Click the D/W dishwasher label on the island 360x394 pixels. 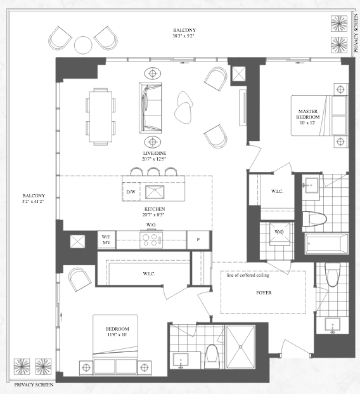point(131,192)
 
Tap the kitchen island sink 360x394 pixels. point(155,192)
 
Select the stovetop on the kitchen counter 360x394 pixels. point(151,240)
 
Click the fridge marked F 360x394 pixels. point(198,240)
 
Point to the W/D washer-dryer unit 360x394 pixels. point(279,234)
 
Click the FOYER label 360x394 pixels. point(264,292)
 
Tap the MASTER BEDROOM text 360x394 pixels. point(308,114)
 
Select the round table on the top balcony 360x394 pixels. point(84,45)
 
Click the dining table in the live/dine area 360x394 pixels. point(101,117)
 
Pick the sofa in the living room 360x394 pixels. point(150,108)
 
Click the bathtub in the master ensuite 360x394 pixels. point(326,244)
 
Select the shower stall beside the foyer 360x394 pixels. point(240,347)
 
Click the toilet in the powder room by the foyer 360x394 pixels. point(332,274)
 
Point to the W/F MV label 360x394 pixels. point(106,240)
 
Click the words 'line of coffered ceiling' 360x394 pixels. point(248,275)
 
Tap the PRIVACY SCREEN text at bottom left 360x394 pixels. point(34,384)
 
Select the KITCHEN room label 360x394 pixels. point(155,209)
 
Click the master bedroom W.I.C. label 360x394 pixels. point(277,191)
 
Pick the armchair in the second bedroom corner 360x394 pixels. point(80,279)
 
